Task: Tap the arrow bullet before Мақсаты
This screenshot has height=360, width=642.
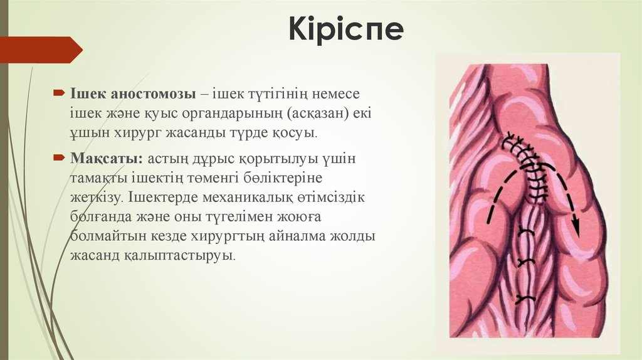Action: point(57,156)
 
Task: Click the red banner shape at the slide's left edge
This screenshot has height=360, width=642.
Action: point(40,50)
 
